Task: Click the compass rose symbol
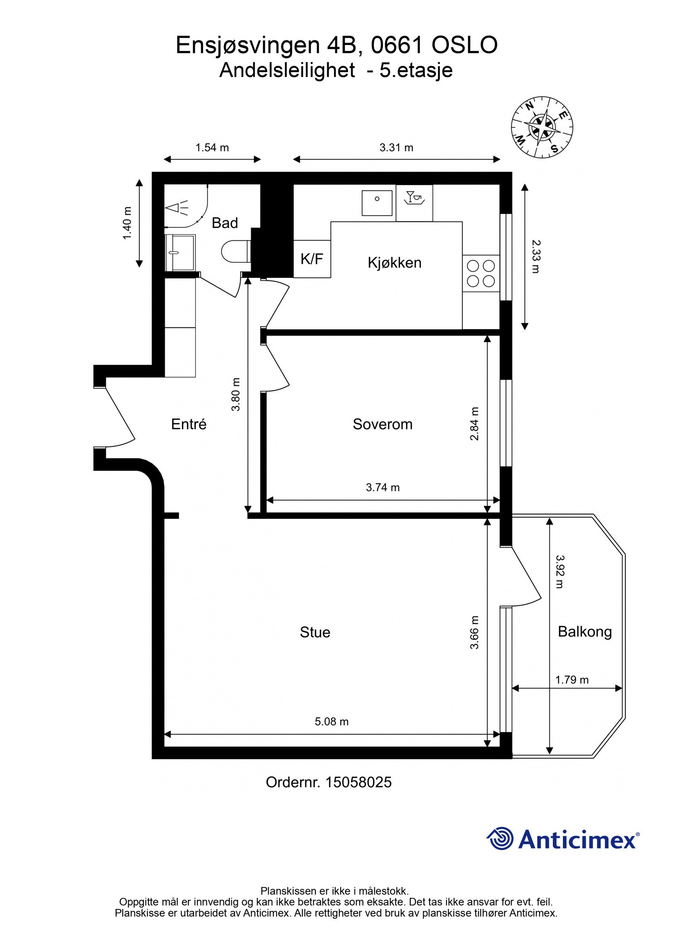pyautogui.click(x=542, y=127)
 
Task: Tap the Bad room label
pyautogui.click(x=225, y=223)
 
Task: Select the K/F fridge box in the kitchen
pyautogui.click(x=312, y=259)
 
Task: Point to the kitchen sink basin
pyautogui.click(x=377, y=203)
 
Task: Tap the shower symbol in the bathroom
pyautogui.click(x=177, y=208)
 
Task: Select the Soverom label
pyautogui.click(x=382, y=424)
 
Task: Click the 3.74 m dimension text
pyautogui.click(x=382, y=487)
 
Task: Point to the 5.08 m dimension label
pyautogui.click(x=331, y=722)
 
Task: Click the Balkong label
pyautogui.click(x=585, y=632)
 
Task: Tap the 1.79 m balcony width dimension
pyautogui.click(x=572, y=680)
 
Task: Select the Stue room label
pyautogui.click(x=315, y=632)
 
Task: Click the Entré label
pyautogui.click(x=188, y=424)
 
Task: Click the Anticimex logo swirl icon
pyautogui.click(x=500, y=838)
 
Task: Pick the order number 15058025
pyautogui.click(x=358, y=782)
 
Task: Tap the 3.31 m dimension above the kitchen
pyautogui.click(x=396, y=148)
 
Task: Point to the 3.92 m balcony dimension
pyautogui.click(x=559, y=572)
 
